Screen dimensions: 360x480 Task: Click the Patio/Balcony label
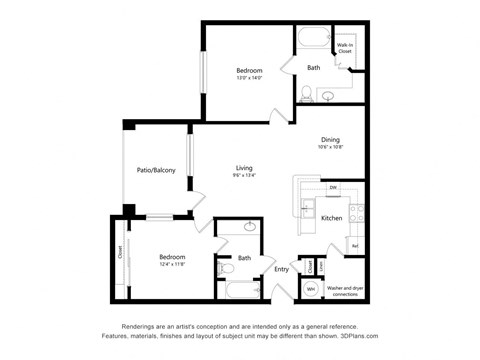[x=156, y=170]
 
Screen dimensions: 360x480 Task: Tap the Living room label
[x=245, y=167]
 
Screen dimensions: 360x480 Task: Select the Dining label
[x=330, y=140]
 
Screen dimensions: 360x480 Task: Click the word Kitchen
[x=332, y=218]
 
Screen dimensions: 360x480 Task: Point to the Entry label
[x=281, y=268]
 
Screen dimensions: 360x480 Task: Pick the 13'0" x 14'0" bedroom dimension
[x=249, y=80]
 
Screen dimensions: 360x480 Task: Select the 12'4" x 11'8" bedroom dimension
[x=171, y=265]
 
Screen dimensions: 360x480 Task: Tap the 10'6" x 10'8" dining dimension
[x=330, y=149]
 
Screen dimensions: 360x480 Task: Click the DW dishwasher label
[x=332, y=187]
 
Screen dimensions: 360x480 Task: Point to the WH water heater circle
[x=311, y=290]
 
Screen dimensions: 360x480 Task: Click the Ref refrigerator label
[x=354, y=245]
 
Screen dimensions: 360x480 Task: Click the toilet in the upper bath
[x=305, y=95]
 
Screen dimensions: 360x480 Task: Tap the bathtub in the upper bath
[x=311, y=40]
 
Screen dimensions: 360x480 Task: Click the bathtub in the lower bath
[x=240, y=292]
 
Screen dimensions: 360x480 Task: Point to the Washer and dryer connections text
[x=345, y=292]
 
